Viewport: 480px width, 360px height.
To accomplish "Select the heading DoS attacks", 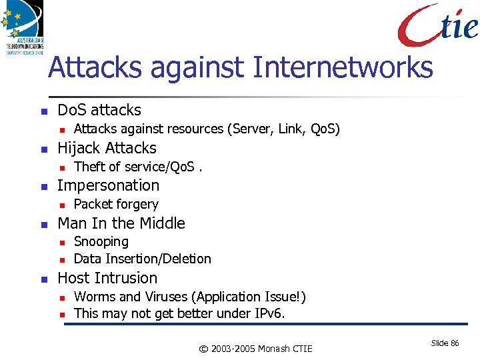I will pyautogui.click(x=99, y=110).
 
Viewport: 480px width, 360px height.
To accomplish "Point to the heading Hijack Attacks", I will pyautogui.click(x=107, y=148).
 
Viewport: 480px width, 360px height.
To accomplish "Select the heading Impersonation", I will pyautogui.click(x=109, y=185).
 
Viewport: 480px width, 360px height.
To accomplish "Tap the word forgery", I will pyautogui.click(x=137, y=205).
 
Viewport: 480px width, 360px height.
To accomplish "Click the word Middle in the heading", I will pyautogui.click(x=162, y=223).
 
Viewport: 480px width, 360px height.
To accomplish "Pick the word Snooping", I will pyautogui.click(x=101, y=241).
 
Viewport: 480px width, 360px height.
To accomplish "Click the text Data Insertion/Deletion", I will pyautogui.click(x=142, y=259).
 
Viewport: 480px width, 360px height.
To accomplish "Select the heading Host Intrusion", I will pyautogui.click(x=108, y=278).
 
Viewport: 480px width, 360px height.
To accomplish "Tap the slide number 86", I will pyautogui.click(x=455, y=343).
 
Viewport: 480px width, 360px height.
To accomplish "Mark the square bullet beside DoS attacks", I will pyautogui.click(x=43, y=111).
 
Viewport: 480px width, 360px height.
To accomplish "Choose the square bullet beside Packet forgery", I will pyautogui.click(x=61, y=205).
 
